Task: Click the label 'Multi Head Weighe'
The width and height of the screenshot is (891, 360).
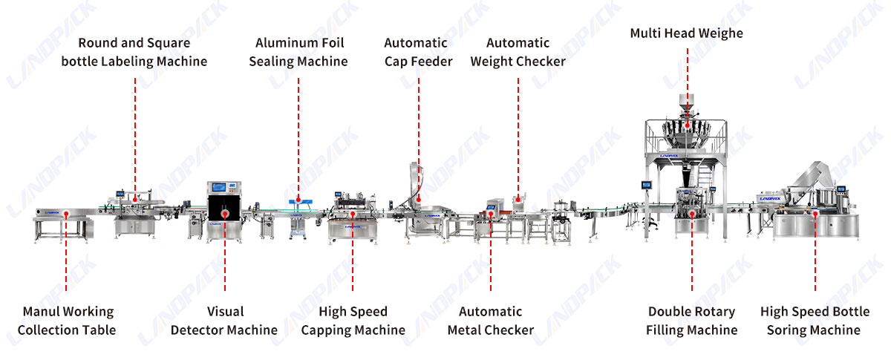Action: coord(686,33)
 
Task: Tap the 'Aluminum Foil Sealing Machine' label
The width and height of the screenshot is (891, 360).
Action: coord(298,52)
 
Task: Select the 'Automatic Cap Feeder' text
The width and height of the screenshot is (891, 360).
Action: coord(418,52)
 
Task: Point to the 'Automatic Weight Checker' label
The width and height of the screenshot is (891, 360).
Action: coord(518,52)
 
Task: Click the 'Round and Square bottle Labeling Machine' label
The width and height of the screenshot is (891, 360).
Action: coord(134,52)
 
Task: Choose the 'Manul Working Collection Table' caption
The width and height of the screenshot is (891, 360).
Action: coord(67,321)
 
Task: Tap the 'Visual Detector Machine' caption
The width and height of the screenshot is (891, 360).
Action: coord(224,321)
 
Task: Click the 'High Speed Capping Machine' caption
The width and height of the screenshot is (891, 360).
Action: coord(353,321)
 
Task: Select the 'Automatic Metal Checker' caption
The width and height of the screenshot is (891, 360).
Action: coord(491,321)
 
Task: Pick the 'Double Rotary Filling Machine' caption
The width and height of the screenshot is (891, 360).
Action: coord(692,321)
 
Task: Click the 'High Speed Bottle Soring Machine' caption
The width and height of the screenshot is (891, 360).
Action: coord(815,321)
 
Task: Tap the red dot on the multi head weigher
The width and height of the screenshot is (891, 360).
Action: coord(688,125)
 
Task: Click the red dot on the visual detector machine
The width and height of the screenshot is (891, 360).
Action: coord(225,214)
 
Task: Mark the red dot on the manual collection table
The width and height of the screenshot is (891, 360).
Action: coord(66,214)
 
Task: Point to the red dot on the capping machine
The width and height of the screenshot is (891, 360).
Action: coord(353,215)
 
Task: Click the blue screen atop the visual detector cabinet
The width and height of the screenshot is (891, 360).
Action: coord(219,186)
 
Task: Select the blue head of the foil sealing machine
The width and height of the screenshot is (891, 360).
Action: coord(300,202)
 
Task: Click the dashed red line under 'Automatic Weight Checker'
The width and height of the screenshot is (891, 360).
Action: coord(518,137)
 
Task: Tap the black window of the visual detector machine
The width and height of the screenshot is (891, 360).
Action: coord(224,207)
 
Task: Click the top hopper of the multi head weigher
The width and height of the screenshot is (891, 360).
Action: coord(687,102)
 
